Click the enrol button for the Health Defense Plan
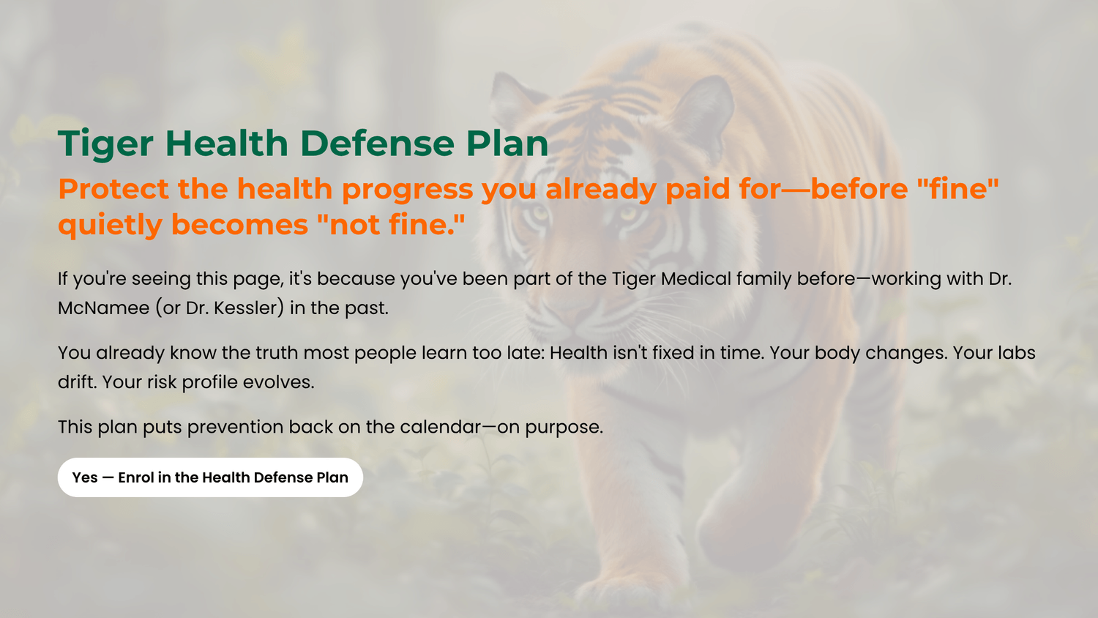click(x=210, y=477)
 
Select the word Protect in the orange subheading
click(x=113, y=189)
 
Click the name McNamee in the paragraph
click(x=103, y=308)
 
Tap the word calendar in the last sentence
click(x=441, y=427)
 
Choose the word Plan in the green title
click(x=507, y=144)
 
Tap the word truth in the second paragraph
click(x=277, y=353)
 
